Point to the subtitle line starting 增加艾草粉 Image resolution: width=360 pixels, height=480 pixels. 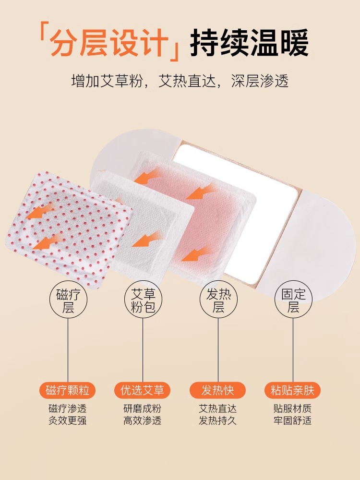(x=180, y=81)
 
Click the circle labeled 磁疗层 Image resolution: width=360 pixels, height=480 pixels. (x=68, y=300)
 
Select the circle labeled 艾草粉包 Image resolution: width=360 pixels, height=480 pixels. (x=143, y=300)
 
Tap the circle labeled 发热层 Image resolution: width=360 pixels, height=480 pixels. (x=218, y=300)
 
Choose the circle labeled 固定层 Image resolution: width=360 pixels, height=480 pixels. (x=293, y=300)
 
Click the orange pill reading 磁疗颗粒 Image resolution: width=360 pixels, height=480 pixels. (x=67, y=390)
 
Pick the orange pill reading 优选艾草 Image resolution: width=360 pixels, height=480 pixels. (x=143, y=390)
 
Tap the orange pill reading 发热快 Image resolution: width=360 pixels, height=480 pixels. (x=217, y=390)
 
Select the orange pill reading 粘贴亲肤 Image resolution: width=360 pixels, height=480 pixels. (x=293, y=390)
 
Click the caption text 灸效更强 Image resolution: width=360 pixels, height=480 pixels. (x=67, y=420)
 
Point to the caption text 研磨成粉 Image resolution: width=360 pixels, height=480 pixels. (x=143, y=408)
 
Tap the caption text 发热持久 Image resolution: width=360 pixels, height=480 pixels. (x=217, y=420)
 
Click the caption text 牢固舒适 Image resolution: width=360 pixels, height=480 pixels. (x=293, y=420)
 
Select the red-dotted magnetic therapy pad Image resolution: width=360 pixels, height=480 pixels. (x=69, y=229)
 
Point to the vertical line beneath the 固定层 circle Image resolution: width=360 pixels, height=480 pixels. (x=293, y=350)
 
